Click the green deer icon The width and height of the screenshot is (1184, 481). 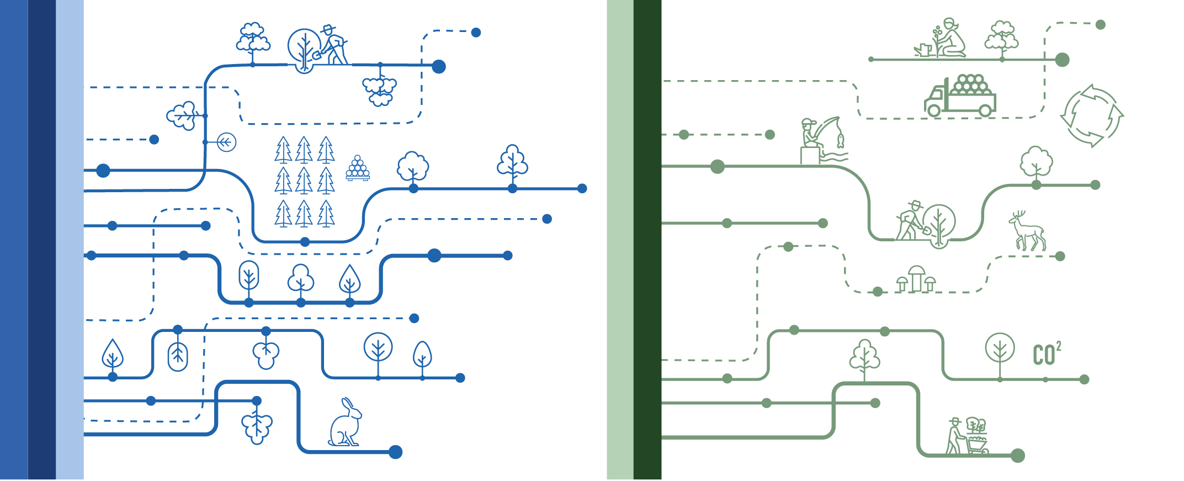(x=1027, y=231)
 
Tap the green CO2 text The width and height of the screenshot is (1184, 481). (x=1046, y=354)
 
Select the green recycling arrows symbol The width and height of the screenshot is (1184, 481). (x=1092, y=115)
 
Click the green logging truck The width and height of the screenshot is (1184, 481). (x=960, y=97)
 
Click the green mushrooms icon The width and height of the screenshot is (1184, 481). (x=916, y=279)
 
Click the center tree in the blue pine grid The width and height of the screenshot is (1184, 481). (x=304, y=181)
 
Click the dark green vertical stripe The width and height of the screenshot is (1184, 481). (x=647, y=240)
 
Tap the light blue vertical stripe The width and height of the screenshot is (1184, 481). (x=70, y=240)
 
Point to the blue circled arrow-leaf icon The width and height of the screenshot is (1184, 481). (x=226, y=142)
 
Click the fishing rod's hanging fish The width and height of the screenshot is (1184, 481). (x=840, y=141)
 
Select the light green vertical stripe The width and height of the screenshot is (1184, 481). (x=620, y=240)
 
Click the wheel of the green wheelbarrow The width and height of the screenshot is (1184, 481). (x=984, y=451)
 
